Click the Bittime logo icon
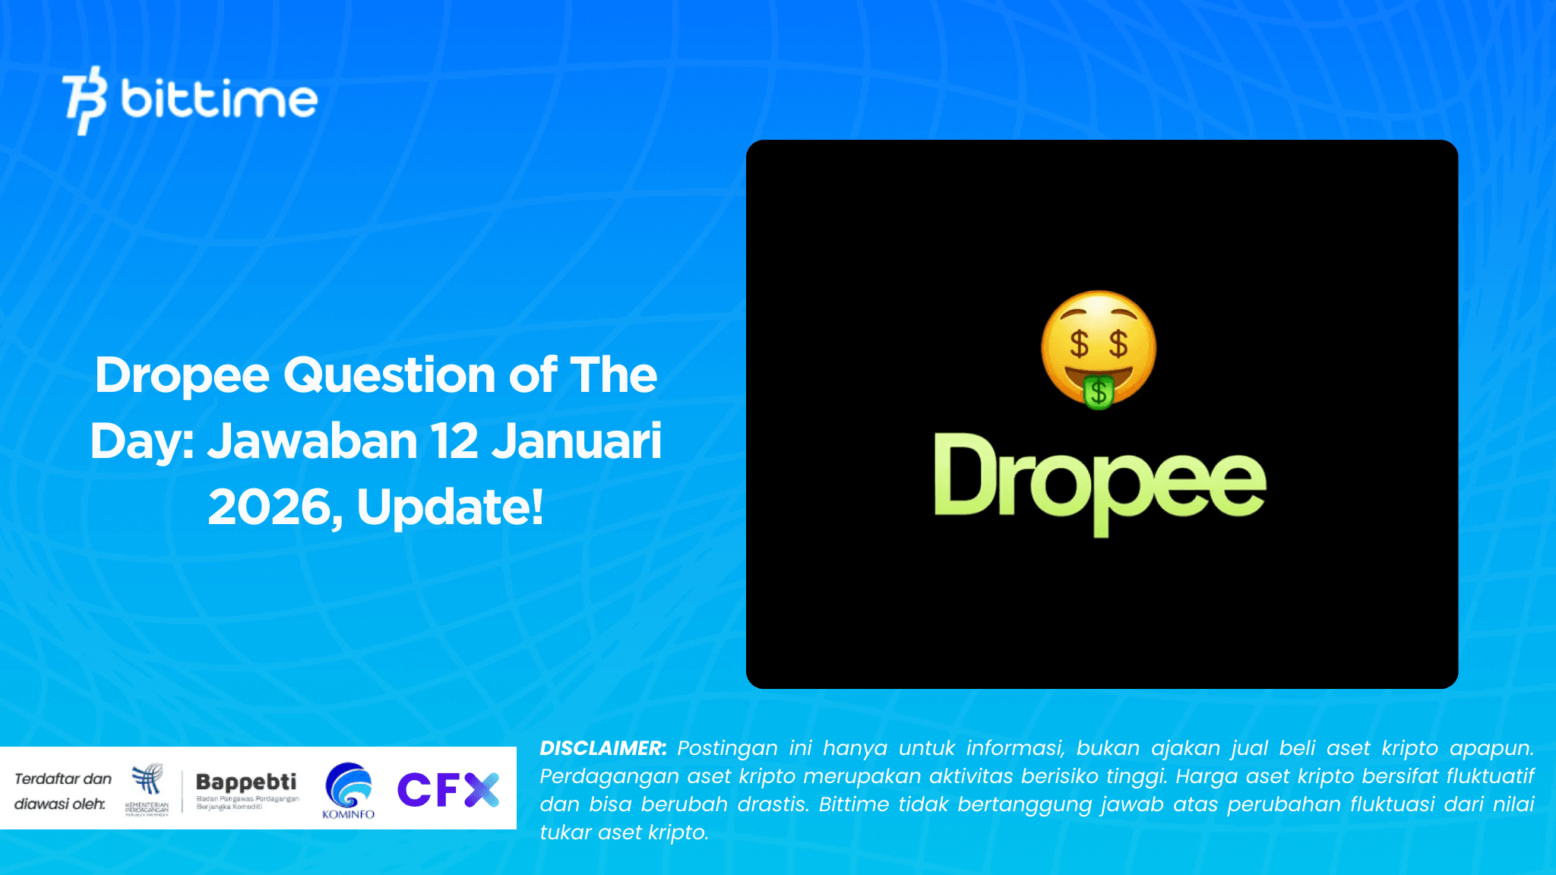(x=84, y=100)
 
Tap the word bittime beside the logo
(x=219, y=100)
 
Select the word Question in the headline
(x=390, y=375)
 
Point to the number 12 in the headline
(x=454, y=441)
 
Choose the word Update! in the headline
(x=451, y=507)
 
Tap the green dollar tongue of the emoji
(x=1099, y=392)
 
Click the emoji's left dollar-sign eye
(x=1079, y=343)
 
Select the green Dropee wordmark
(x=1099, y=483)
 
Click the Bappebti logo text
(x=246, y=782)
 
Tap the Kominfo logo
(x=349, y=790)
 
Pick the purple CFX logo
(x=448, y=789)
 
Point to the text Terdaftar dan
(x=63, y=779)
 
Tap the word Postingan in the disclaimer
(x=727, y=748)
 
